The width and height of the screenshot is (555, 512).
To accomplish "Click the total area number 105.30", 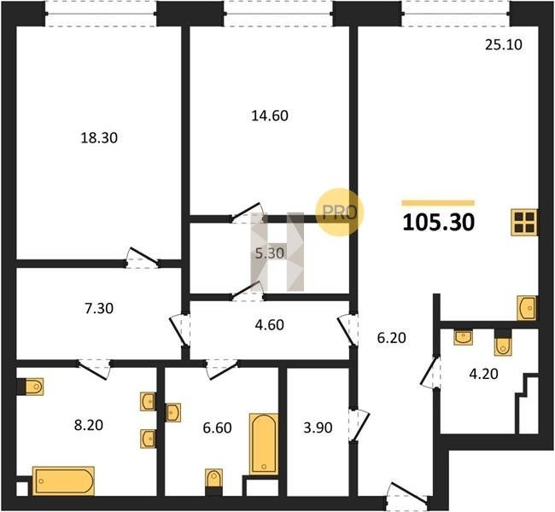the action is pos(439,223).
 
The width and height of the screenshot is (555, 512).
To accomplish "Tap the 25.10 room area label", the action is pos(503,45).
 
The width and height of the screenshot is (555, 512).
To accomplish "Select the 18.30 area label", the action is pos(99,137).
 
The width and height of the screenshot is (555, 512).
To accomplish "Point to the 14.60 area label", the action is pos(270,116).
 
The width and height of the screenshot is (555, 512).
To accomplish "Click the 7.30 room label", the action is pos(99,308).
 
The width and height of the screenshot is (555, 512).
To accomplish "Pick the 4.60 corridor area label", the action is pos(269,325).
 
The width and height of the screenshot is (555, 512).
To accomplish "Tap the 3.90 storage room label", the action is pos(318,428).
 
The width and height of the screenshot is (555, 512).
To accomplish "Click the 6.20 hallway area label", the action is pos(391,338).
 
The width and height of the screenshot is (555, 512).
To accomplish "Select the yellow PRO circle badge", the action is pos(339,212).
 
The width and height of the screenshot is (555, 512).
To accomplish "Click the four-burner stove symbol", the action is pos(524,223).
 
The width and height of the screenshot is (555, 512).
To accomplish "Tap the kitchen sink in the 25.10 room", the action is pos(527,308).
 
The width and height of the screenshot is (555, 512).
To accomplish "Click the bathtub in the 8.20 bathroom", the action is pos(63,481).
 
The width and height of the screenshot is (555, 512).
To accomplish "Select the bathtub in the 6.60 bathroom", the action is pos(264,444).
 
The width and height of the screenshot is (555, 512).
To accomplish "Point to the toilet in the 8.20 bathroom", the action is pos(31,387).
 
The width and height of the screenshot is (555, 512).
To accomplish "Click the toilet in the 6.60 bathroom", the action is pos(214,482).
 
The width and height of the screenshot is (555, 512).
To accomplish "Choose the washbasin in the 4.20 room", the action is pos(464,338).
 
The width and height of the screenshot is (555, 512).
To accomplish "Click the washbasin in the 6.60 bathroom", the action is pos(173,412).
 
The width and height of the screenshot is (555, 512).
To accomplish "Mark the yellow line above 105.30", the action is pos(438,203).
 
